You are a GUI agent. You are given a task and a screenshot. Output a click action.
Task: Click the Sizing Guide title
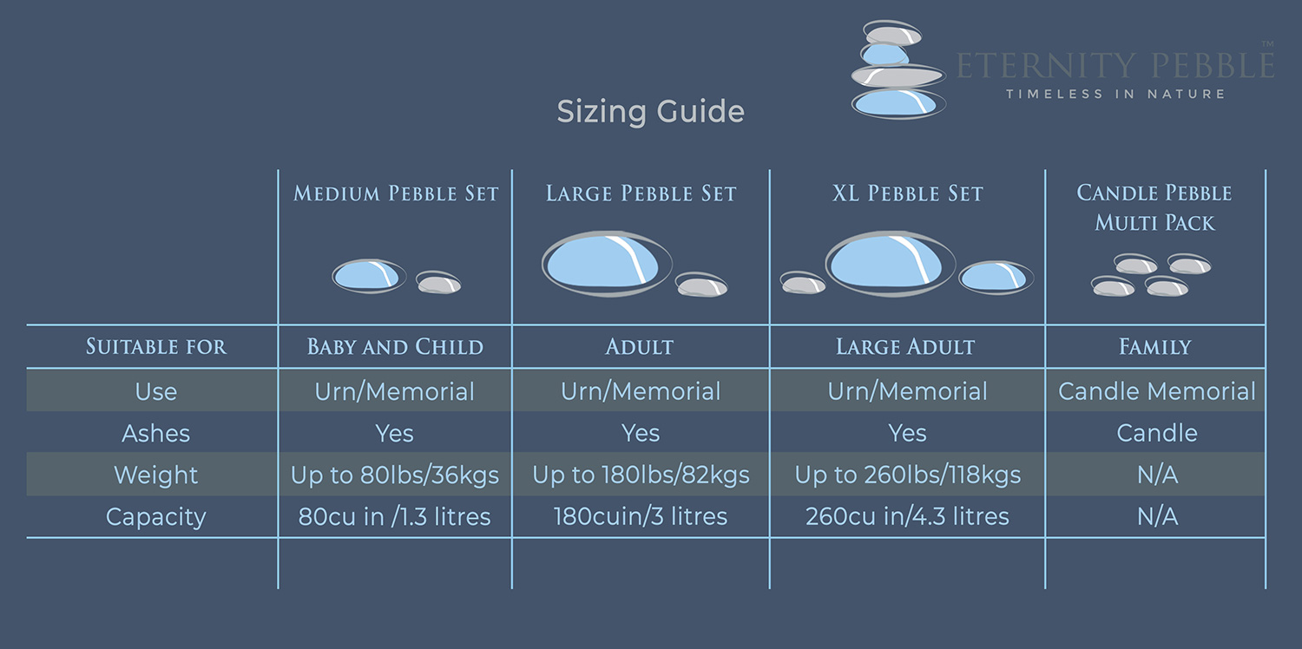650,112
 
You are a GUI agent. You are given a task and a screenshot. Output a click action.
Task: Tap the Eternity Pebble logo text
1115,65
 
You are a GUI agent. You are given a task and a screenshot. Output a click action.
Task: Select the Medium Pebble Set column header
396,193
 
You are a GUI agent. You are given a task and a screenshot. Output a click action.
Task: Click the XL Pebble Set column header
907,193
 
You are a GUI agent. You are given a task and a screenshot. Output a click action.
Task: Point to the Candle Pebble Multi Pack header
1154,207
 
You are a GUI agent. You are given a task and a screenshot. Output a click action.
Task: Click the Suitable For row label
155,347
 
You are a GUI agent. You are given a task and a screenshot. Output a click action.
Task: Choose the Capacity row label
155,517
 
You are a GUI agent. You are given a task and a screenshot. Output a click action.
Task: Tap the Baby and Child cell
395,347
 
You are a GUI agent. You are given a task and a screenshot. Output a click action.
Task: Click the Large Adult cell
905,347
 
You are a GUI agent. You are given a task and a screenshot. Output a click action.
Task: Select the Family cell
1155,347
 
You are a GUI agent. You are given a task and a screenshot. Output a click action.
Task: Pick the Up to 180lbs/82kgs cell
641,475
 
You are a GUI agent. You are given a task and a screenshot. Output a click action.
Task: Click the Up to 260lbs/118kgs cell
907,475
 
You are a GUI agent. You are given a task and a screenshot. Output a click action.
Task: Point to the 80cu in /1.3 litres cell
395,516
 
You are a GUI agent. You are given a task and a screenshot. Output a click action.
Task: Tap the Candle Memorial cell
1157,391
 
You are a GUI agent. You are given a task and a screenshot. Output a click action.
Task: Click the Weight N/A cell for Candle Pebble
1157,475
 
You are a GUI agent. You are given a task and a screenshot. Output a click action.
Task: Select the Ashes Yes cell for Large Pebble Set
641,433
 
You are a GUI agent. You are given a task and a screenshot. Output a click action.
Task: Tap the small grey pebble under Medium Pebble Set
439,282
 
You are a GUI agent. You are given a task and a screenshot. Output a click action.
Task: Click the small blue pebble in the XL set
996,277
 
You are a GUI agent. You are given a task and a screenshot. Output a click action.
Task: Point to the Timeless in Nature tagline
1115,94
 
